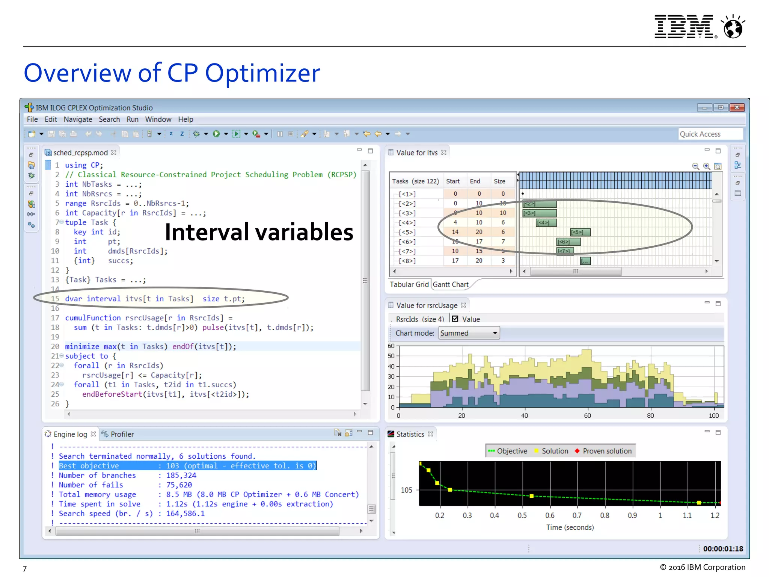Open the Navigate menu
click(78, 119)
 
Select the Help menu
click(185, 119)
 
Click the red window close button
click(737, 107)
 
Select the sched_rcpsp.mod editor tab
click(80, 153)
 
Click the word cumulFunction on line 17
click(93, 318)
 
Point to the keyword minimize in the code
click(82, 346)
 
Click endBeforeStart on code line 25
click(112, 394)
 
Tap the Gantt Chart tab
click(451, 284)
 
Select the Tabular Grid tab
click(409, 284)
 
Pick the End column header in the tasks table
click(475, 181)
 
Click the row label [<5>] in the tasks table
click(407, 232)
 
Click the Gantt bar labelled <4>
click(546, 223)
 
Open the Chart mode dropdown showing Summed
click(469, 333)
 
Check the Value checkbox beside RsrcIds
click(455, 319)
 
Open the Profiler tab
click(122, 434)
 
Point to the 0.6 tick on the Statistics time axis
click(550, 515)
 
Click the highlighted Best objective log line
click(187, 466)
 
